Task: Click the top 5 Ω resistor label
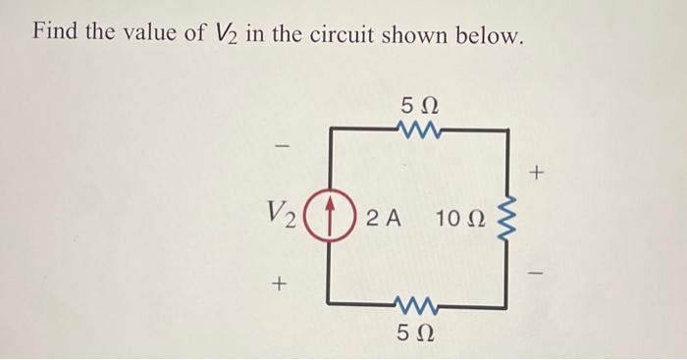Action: [x=419, y=104]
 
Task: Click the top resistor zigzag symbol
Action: [x=419, y=128]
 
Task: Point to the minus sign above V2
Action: [x=282, y=148]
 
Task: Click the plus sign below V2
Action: [x=280, y=284]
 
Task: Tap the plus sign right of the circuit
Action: [x=536, y=175]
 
